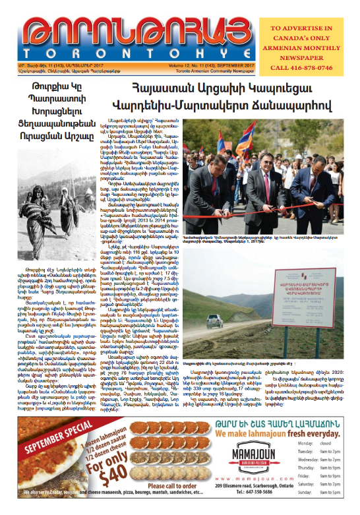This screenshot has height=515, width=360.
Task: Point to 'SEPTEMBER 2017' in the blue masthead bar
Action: (x=235, y=65)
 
